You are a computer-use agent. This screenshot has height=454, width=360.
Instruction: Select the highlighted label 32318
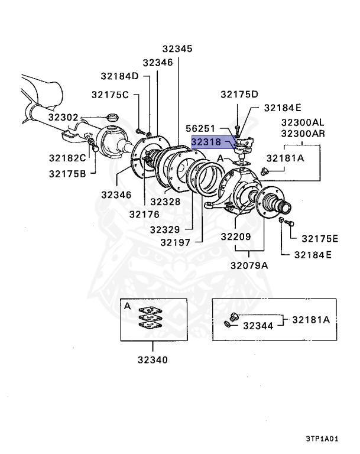click(x=206, y=142)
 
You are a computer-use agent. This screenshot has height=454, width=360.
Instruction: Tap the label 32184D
click(x=119, y=76)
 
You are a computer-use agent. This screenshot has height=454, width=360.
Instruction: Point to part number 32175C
click(x=109, y=95)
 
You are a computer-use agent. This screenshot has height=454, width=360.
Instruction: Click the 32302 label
click(x=63, y=117)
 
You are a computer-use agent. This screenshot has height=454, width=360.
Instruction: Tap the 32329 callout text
click(x=166, y=228)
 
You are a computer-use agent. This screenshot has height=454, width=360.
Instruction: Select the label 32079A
click(x=249, y=265)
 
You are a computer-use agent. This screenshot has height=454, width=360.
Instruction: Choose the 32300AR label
click(x=303, y=133)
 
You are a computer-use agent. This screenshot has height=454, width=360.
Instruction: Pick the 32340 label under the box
click(x=152, y=359)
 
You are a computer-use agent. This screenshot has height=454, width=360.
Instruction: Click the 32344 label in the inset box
click(x=258, y=325)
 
